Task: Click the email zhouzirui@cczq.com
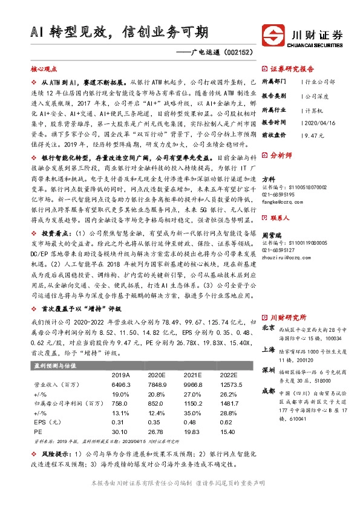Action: [283, 257]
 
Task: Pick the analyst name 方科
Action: [269, 179]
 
